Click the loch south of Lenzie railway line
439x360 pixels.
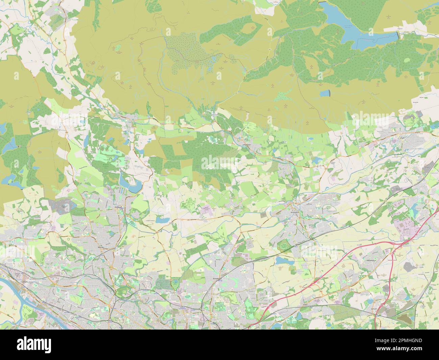click(x=281, y=260)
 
